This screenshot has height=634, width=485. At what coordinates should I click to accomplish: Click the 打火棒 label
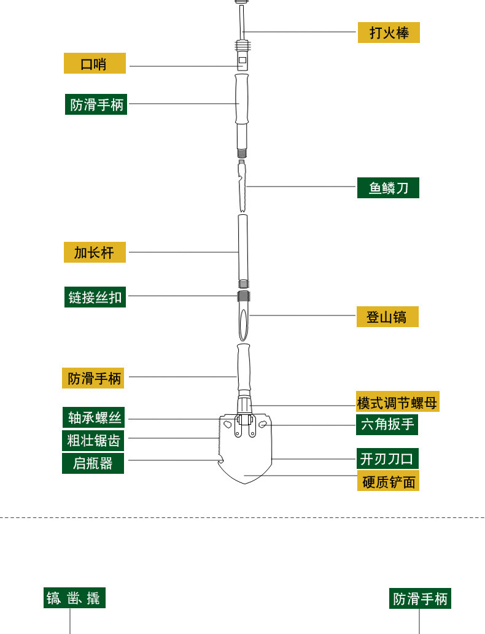point(389,33)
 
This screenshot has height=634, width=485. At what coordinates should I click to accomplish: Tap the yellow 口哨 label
point(95,63)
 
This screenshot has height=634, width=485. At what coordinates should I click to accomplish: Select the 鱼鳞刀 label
point(388,188)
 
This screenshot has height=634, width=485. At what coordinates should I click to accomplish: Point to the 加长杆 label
point(95,252)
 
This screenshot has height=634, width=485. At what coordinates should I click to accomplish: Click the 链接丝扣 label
point(95,297)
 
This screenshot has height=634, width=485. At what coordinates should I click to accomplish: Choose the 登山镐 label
point(387,317)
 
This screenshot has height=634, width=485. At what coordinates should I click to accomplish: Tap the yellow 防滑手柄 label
point(93,377)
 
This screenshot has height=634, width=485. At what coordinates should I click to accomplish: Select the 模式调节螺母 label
point(397,402)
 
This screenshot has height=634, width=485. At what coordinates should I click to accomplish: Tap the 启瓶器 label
point(93,463)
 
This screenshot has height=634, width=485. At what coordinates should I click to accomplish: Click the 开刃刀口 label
point(388,458)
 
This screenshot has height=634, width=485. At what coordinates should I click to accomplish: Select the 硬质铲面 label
point(388,481)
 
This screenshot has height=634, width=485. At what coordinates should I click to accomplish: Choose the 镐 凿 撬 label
point(74,598)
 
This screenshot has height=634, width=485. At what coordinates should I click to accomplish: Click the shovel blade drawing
point(245,454)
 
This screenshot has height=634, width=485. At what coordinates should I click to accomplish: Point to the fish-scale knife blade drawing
point(242,187)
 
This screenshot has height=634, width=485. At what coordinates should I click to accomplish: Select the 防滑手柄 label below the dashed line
point(420,598)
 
